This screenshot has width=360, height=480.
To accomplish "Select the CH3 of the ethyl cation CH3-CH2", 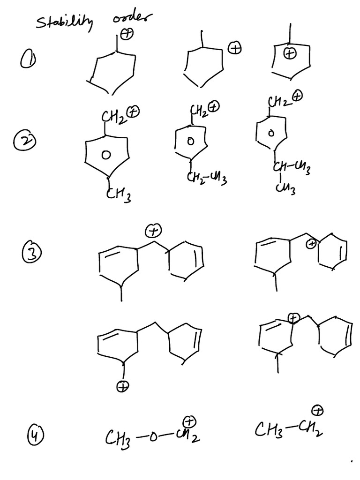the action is click(x=266, y=428).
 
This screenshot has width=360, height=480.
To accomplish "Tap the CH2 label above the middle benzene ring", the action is click(x=198, y=111).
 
